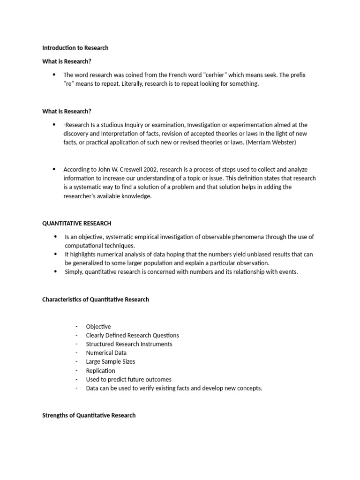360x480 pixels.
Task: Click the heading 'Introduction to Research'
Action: [x=75, y=48]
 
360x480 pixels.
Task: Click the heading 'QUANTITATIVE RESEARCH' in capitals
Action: [x=77, y=223]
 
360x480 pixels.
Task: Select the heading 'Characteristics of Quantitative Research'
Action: [x=96, y=299]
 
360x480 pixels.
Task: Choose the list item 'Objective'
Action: [x=98, y=326]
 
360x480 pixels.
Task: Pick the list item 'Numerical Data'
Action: [x=106, y=352]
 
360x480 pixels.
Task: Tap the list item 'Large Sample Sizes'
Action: [x=111, y=361]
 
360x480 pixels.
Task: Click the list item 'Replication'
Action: [x=100, y=370]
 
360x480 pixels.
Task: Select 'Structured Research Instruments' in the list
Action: [x=129, y=344]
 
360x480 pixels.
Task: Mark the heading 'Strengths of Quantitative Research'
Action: [x=89, y=415]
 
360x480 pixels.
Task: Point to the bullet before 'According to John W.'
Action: [x=54, y=169]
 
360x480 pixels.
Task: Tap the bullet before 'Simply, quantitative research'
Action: [x=55, y=271]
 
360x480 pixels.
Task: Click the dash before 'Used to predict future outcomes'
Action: [x=76, y=379]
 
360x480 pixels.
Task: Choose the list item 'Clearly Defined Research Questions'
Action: [x=132, y=335]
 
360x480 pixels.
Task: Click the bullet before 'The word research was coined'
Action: [x=54, y=75]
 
